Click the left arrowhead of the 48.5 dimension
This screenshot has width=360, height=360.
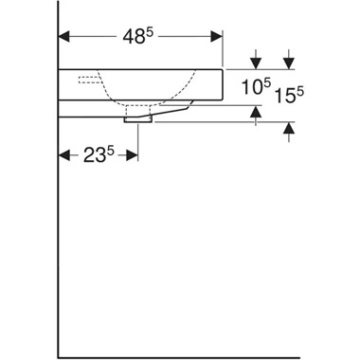[64, 39]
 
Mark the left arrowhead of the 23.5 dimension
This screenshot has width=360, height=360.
[64, 155]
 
